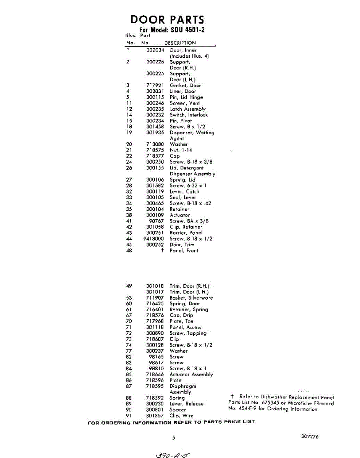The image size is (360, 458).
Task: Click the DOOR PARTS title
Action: coord(167,20)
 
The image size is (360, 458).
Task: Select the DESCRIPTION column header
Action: coord(180,43)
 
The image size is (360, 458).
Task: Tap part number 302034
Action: coord(155,50)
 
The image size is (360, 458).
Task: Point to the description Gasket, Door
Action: coord(185,85)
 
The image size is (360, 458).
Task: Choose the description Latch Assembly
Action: coord(187,109)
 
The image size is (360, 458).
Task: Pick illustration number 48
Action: coord(129,251)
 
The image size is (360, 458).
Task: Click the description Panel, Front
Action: coord(184,251)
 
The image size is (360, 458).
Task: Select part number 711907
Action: coord(155,298)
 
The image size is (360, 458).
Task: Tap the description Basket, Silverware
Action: coord(191,298)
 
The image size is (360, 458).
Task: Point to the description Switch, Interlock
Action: coord(189,115)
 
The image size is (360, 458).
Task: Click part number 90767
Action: coord(157,221)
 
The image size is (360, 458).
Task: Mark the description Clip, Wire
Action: coord(181,416)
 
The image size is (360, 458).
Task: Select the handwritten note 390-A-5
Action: coord(173,454)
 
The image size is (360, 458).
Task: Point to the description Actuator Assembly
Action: coord(191,374)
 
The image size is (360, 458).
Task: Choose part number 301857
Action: coord(155,416)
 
